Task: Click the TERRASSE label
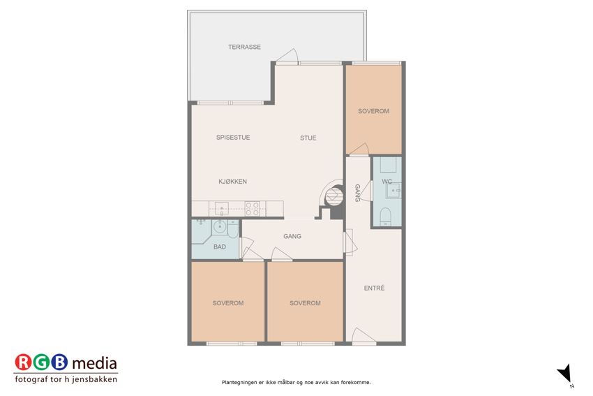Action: pyautogui.click(x=244, y=47)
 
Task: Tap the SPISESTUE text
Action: pyautogui.click(x=233, y=138)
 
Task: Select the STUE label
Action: pyautogui.click(x=308, y=138)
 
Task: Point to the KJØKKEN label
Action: pyautogui.click(x=232, y=182)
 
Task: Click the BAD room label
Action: pyautogui.click(x=220, y=247)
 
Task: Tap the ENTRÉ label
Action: pyautogui.click(x=375, y=288)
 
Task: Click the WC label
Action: pyautogui.click(x=386, y=182)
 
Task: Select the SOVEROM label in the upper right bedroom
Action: pyautogui.click(x=374, y=111)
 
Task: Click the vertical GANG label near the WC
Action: pyautogui.click(x=357, y=193)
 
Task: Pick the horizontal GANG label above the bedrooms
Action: pyautogui.click(x=292, y=236)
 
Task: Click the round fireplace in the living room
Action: pyautogui.click(x=334, y=196)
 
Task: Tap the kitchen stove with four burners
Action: pyautogui.click(x=253, y=209)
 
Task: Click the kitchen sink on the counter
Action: pyautogui.click(x=222, y=209)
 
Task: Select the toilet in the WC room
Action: pyautogui.click(x=385, y=217)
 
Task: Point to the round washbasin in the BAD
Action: pyautogui.click(x=219, y=227)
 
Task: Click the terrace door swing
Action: pyautogui.click(x=287, y=55)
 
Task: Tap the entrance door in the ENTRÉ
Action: pyautogui.click(x=363, y=336)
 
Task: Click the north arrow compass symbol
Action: pyautogui.click(x=565, y=374)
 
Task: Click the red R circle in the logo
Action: pyautogui.click(x=24, y=362)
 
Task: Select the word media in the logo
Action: pyautogui.click(x=95, y=363)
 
